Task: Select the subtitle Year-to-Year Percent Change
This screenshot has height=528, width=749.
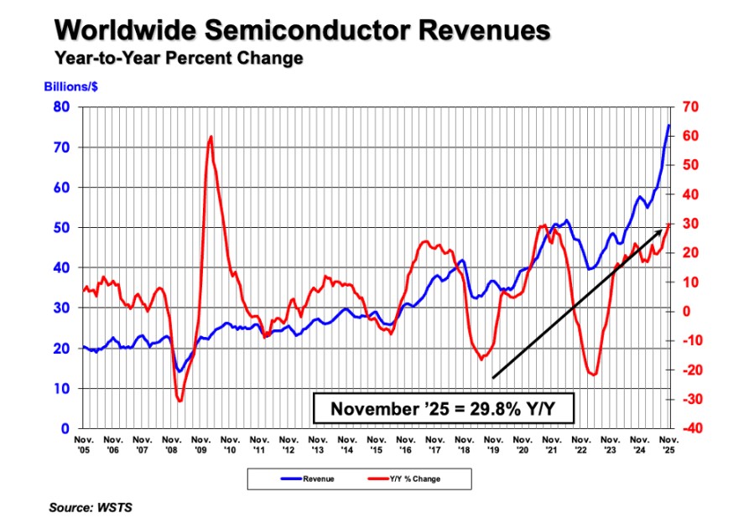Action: click(x=178, y=59)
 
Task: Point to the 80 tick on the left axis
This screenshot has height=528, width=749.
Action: click(x=60, y=107)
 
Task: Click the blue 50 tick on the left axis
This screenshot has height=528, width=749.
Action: click(x=60, y=228)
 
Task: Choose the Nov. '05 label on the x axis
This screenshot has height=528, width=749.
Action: click(x=84, y=443)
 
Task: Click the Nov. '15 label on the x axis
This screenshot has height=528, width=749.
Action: click(x=376, y=443)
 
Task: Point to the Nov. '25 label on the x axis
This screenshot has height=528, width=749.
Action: click(x=668, y=443)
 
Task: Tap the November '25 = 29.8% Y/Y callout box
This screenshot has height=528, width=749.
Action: click(x=444, y=409)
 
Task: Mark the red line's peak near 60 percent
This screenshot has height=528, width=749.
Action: click(x=211, y=136)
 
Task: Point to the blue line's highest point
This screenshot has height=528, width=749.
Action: click(x=668, y=125)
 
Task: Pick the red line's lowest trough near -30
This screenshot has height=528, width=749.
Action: click(x=179, y=401)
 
